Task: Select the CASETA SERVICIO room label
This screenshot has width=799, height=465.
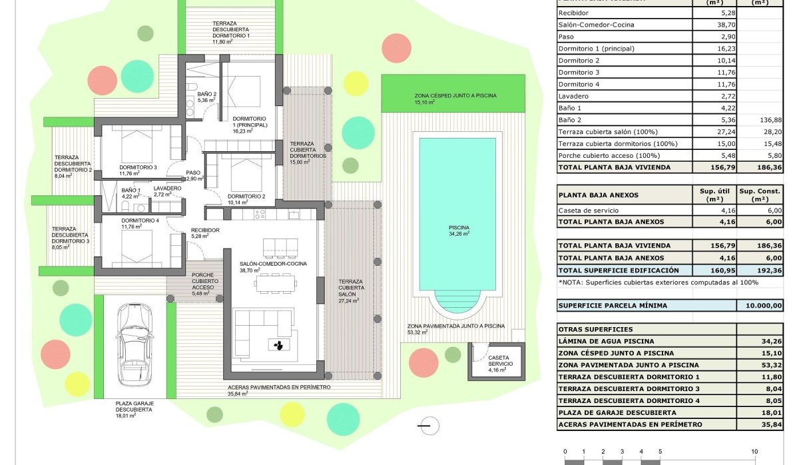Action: pos(500,360)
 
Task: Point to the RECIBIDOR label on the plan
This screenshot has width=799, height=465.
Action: pos(205,231)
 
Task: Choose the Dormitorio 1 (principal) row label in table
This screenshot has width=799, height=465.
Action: pos(596,49)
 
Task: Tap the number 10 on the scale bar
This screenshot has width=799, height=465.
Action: pos(754,452)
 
